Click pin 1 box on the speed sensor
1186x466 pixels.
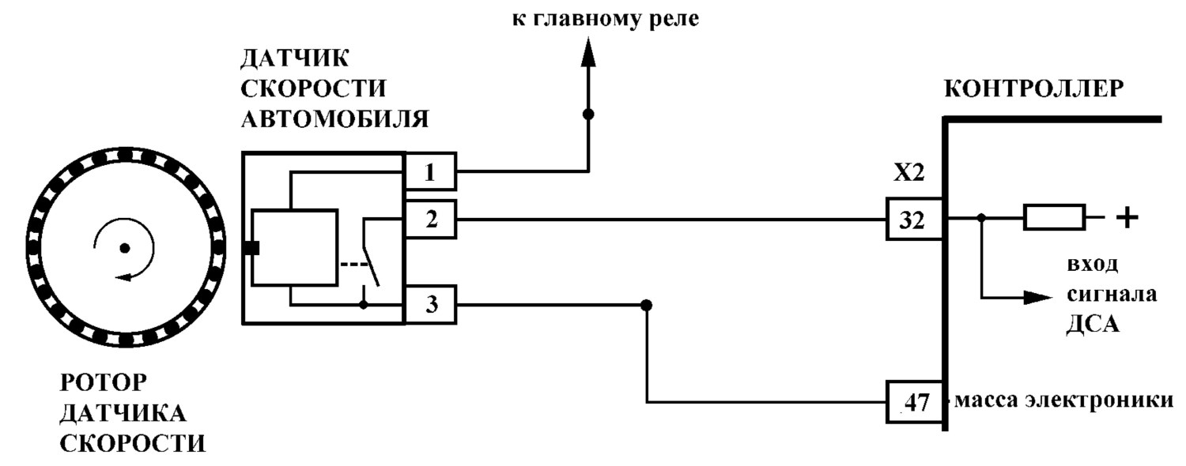tap(430, 171)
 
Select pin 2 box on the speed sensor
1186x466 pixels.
tap(430, 219)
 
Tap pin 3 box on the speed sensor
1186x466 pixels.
tap(430, 305)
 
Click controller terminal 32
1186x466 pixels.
tap(914, 219)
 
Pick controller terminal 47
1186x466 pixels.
tap(914, 402)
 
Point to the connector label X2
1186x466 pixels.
tap(909, 173)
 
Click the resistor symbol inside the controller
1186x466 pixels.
tap(1054, 217)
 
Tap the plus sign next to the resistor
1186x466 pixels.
tap(1127, 217)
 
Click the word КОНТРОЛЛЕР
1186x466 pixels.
tap(1034, 89)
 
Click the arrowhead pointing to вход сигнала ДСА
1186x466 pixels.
tap(1037, 297)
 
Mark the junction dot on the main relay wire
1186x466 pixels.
tap(587, 114)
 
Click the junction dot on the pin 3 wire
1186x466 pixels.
tap(646, 305)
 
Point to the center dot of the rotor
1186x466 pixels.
tap(124, 248)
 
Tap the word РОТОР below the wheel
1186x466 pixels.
tap(104, 382)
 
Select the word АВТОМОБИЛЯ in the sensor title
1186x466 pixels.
tap(334, 119)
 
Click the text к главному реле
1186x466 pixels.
tap(605, 19)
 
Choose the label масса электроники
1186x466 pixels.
tap(1064, 400)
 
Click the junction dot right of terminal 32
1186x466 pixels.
tap(981, 217)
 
